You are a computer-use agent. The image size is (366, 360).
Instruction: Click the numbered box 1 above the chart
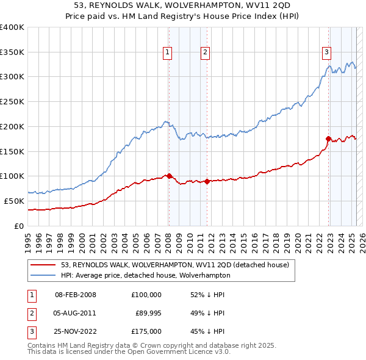pos(167,53)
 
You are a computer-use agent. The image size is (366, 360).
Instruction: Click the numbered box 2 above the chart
pos(205,53)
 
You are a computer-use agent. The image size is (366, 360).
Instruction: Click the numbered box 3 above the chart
pos(327,53)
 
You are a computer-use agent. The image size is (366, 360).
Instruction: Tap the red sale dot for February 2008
pos(169,176)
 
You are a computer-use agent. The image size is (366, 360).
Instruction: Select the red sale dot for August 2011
pos(207,181)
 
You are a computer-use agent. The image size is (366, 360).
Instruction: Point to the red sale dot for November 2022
pos(329,139)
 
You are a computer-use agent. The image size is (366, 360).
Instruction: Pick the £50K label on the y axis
pos(15,201)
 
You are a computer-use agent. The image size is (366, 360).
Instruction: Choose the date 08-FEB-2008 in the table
pos(75,295)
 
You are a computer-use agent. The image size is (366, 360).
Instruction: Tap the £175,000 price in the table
pos(146,331)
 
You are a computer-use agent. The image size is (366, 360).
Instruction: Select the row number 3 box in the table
pos(30,331)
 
